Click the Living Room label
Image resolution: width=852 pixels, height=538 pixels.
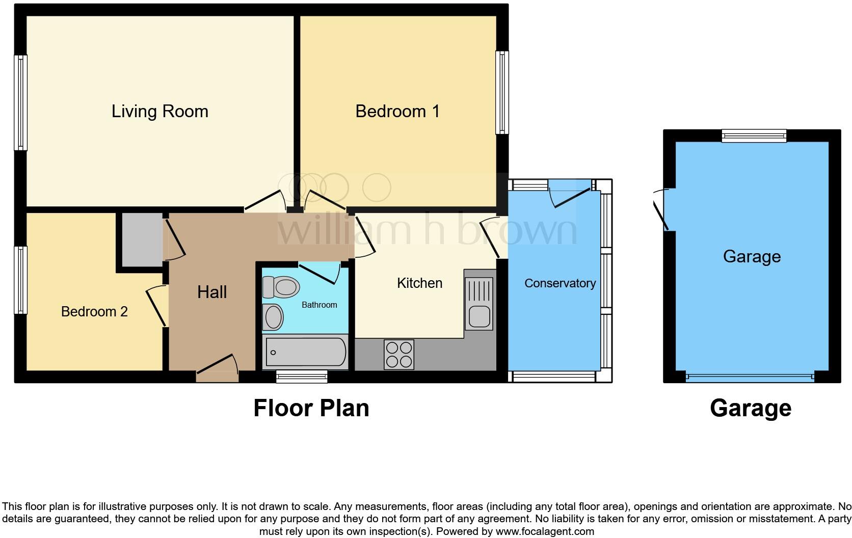(x=159, y=112)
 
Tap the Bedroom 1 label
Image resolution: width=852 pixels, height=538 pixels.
(x=397, y=112)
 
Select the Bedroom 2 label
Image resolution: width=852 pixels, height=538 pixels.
(x=94, y=312)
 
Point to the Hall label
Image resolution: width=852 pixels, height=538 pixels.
(x=212, y=292)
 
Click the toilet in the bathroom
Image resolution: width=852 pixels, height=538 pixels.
(x=280, y=287)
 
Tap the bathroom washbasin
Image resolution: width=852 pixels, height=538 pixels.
(x=273, y=317)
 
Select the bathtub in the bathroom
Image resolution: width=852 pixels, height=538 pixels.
(x=305, y=352)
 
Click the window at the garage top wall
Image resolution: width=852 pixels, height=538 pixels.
(x=754, y=136)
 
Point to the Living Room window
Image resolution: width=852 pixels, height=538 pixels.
(x=20, y=102)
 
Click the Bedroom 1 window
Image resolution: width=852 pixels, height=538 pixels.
(x=502, y=92)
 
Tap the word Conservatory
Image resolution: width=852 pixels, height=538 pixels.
(x=560, y=284)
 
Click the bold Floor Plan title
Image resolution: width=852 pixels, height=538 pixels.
(x=311, y=409)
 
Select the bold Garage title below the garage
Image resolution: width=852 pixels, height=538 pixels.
(x=750, y=409)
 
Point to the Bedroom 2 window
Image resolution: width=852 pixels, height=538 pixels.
(x=20, y=280)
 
